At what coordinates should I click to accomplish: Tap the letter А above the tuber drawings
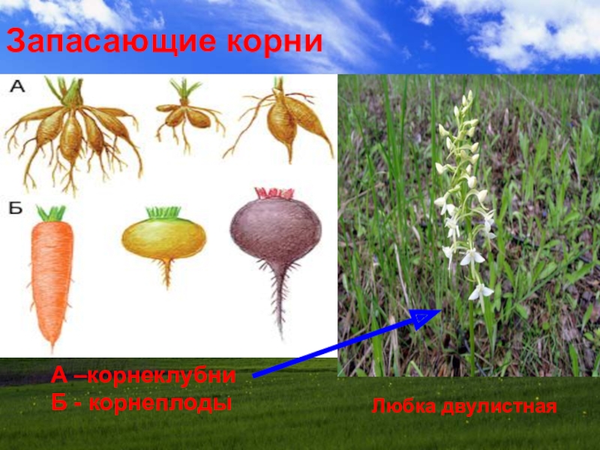pos(16,88)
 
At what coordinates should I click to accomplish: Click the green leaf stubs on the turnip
pos(163,212)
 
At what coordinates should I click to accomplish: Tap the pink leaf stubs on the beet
pos(274,193)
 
